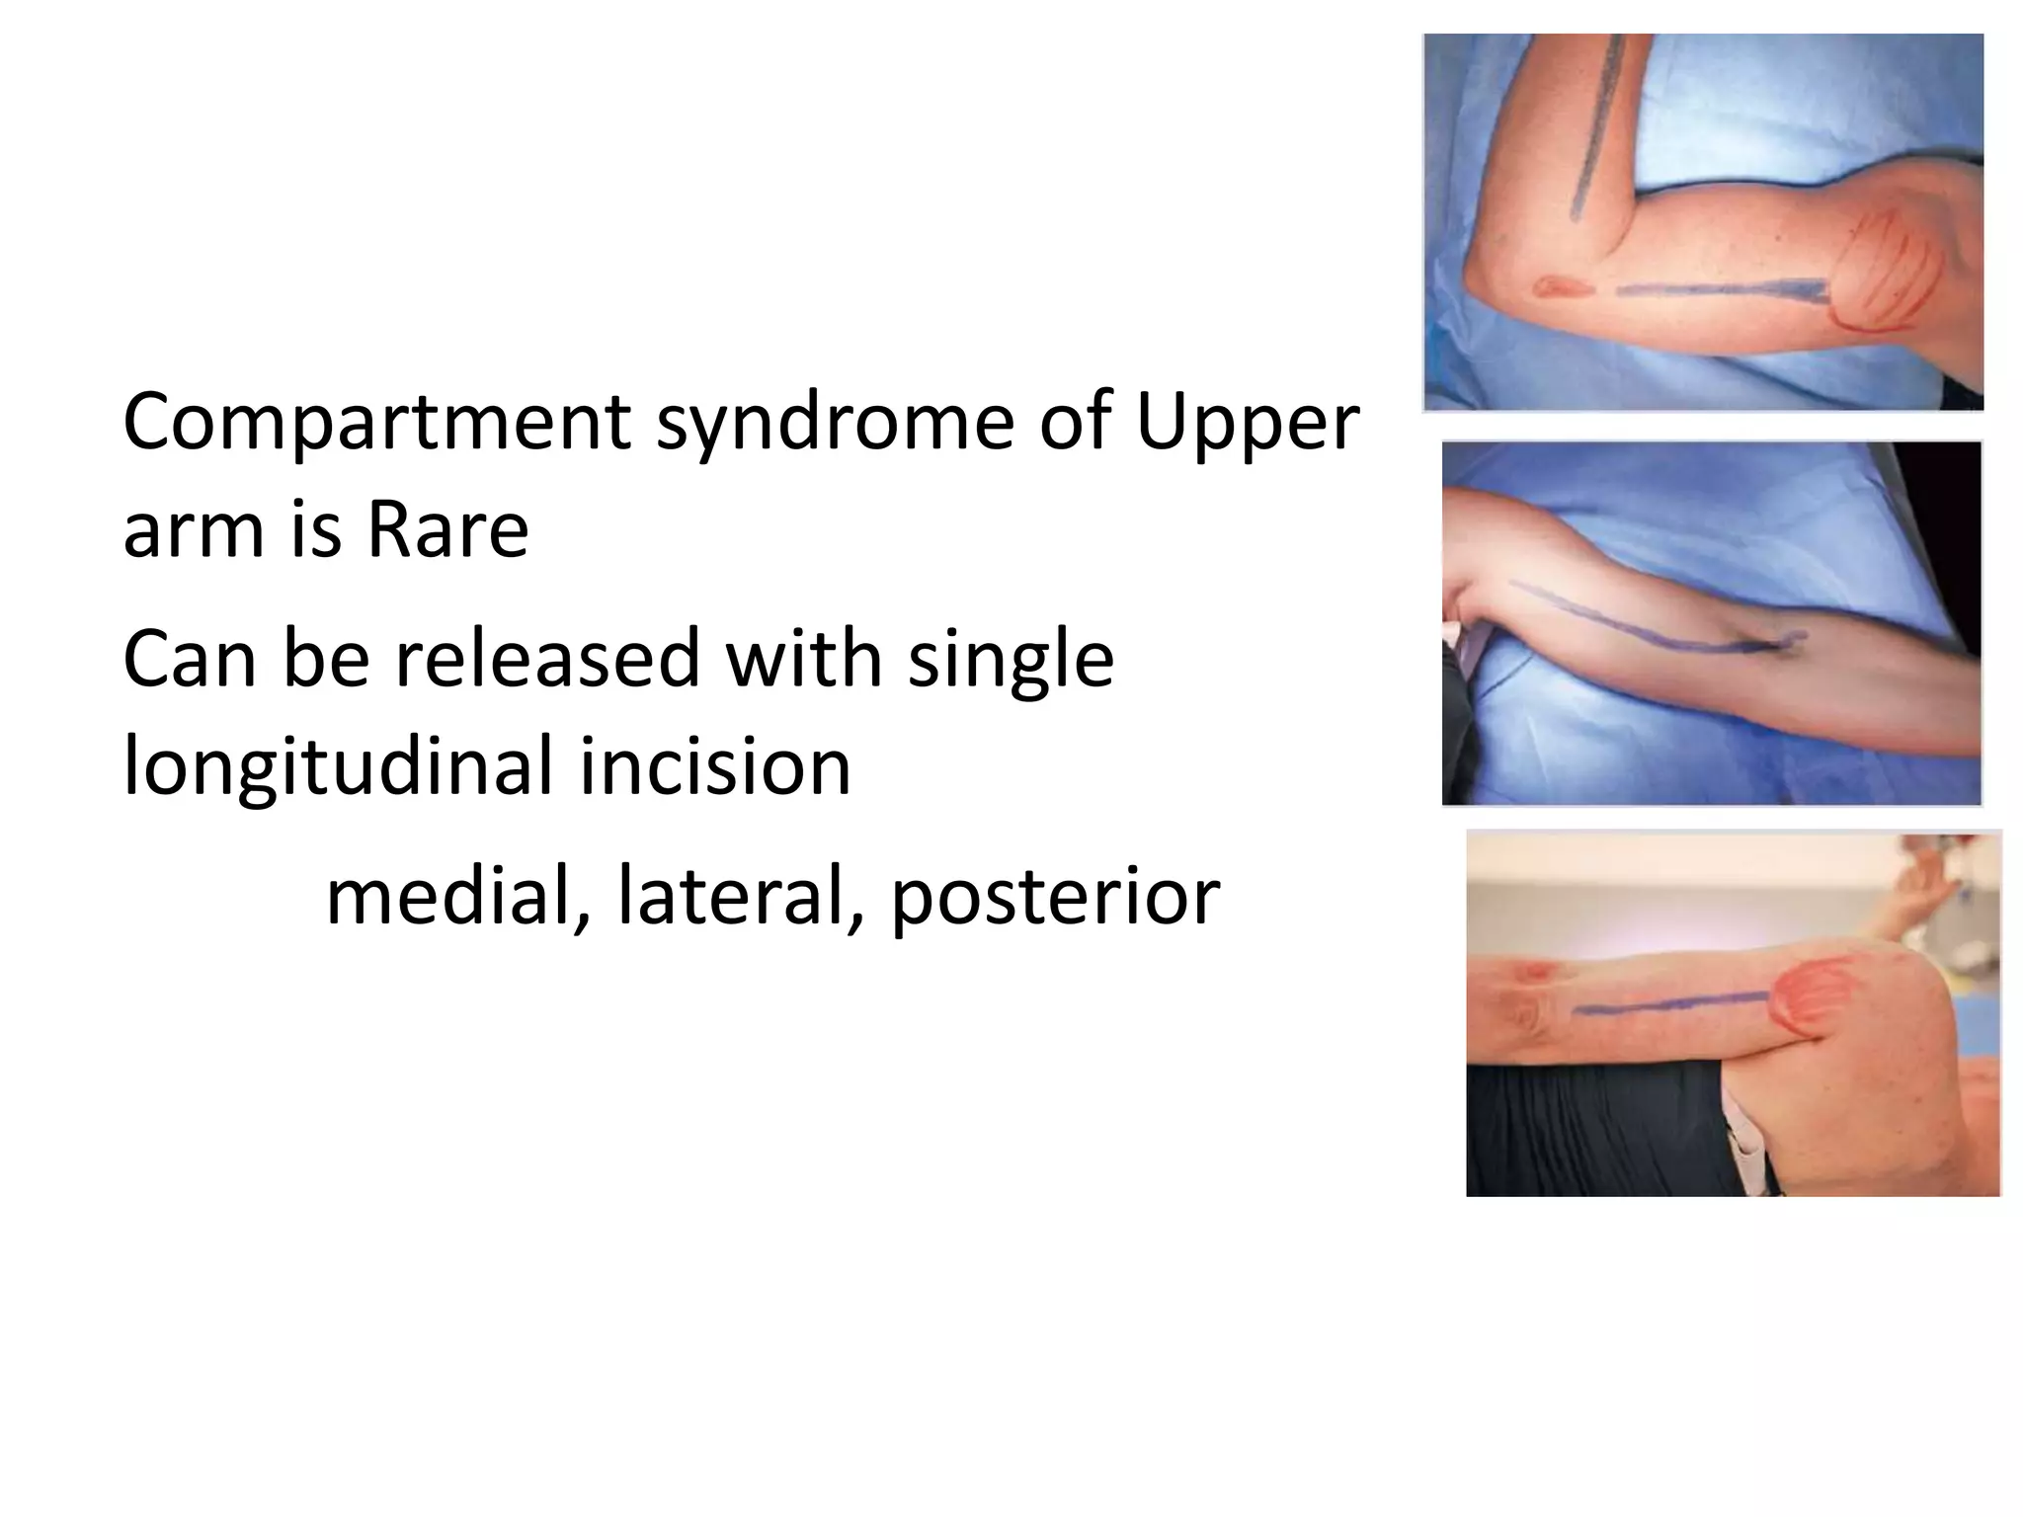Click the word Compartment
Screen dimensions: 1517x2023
click(376, 423)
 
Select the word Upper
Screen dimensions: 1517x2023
click(1248, 423)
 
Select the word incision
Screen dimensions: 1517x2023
click(715, 766)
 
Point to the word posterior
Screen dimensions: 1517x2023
click(1055, 897)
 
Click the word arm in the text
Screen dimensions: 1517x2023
click(194, 530)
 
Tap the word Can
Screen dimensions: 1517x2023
click(190, 659)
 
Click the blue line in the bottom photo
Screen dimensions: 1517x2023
click(1669, 1005)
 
